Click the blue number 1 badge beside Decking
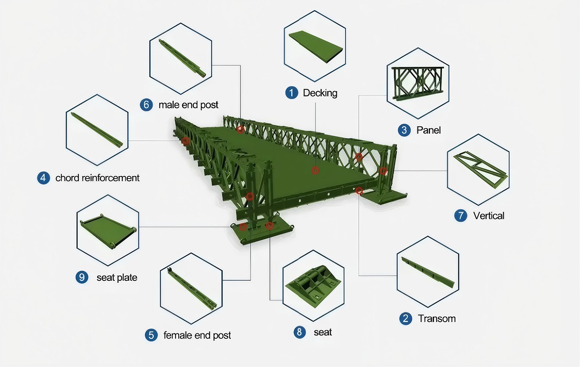click(292, 93)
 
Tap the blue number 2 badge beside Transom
click(405, 319)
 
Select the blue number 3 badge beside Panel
click(404, 130)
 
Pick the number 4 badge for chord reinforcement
click(43, 178)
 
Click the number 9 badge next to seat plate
click(82, 277)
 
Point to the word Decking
click(320, 93)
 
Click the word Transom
click(437, 319)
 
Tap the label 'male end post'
click(188, 105)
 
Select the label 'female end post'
click(197, 335)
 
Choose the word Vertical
click(488, 216)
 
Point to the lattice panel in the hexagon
click(418, 82)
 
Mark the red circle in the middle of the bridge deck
click(315, 171)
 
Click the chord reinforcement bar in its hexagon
click(97, 130)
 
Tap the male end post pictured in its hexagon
click(182, 58)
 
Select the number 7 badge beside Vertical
click(461, 216)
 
